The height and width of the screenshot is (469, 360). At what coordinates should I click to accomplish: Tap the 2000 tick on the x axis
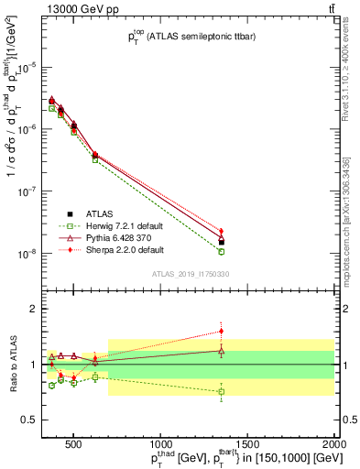click(334, 444)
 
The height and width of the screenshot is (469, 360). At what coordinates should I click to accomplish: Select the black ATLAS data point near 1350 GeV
click(221, 242)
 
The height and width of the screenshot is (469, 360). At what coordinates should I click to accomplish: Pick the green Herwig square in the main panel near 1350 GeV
click(221, 251)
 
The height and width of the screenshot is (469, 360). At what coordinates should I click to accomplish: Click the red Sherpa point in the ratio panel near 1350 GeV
click(221, 332)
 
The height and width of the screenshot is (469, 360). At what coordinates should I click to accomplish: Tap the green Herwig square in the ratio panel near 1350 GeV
click(221, 392)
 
